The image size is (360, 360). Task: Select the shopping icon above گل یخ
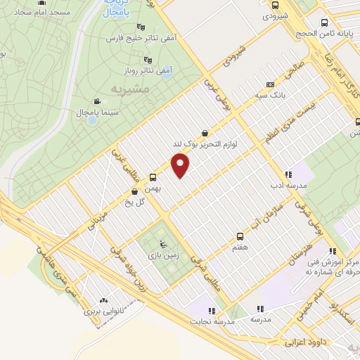click(134, 191)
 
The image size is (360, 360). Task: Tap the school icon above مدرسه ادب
click(288, 174)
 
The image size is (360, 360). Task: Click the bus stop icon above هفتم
click(240, 236)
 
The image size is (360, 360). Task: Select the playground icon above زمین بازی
click(163, 244)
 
